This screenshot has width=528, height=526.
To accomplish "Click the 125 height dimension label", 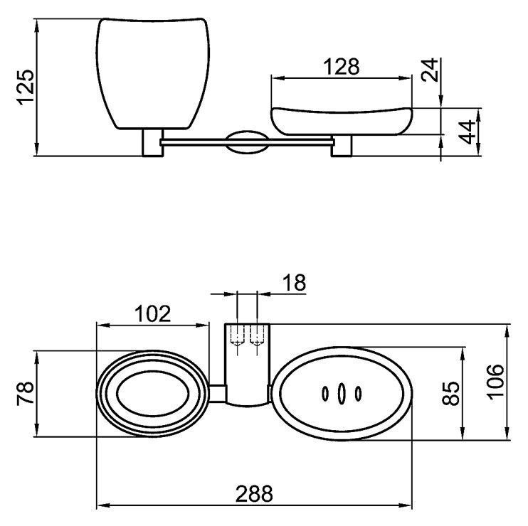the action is (x=26, y=87).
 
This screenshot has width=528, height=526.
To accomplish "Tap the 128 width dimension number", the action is (x=341, y=67).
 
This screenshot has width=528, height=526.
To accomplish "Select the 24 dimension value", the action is (x=430, y=70).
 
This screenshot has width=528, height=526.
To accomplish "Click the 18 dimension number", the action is (x=294, y=282).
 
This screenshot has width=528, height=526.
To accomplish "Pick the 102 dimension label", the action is (x=152, y=313).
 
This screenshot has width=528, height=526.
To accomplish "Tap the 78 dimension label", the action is (x=26, y=393).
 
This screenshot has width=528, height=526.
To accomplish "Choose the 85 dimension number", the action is (x=450, y=393).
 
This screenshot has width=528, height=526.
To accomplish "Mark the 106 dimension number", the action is (x=495, y=382).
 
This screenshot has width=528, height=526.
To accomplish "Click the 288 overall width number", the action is (x=254, y=494).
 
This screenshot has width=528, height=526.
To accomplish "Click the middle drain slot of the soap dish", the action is (x=342, y=393).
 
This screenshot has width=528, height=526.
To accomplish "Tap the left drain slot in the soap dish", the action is (x=325, y=394).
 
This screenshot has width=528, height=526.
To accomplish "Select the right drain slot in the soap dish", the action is (x=358, y=394).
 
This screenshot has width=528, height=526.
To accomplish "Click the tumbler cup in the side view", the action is (x=153, y=74).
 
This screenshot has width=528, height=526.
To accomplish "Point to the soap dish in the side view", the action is (x=342, y=121).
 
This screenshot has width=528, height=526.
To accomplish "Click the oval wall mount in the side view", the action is (x=247, y=142).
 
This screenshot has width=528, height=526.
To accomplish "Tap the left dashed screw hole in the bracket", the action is (x=238, y=336).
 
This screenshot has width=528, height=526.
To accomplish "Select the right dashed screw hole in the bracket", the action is (x=257, y=336).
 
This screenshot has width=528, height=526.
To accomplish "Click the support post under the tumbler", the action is (x=152, y=143).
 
